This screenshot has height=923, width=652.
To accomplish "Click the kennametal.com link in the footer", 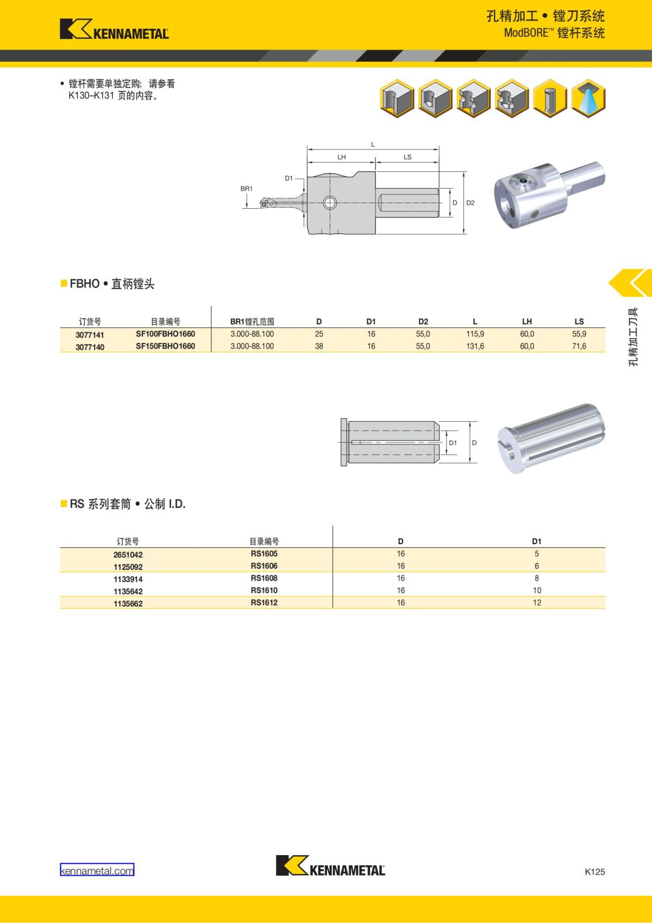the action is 97,871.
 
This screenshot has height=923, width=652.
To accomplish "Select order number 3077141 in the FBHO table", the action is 90,335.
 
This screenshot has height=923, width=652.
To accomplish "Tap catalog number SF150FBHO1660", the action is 166,346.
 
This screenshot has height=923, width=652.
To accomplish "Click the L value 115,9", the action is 475,334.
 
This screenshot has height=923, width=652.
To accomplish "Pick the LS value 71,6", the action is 579,346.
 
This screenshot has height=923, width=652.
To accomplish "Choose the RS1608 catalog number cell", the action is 264,578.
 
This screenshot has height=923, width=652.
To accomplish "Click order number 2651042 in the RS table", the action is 128,554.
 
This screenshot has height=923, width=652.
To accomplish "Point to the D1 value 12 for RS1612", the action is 537,602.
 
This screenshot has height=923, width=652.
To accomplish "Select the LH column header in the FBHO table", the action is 527,321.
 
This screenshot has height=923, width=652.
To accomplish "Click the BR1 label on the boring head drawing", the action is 246,189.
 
